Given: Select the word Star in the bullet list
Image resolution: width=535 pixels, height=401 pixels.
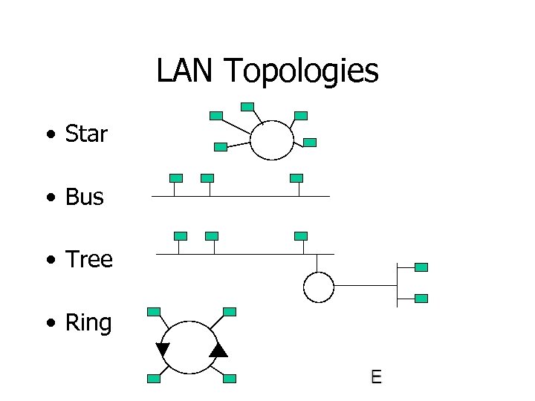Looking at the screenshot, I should click(x=86, y=134).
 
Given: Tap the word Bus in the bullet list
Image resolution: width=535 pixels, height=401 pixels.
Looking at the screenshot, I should click(x=84, y=198).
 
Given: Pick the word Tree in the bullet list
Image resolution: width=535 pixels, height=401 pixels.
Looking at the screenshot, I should click(x=88, y=260).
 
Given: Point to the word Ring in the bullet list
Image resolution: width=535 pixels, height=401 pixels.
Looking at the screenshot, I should click(x=88, y=323).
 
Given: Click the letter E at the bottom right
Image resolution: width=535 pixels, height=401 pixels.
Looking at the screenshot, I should click(x=376, y=377).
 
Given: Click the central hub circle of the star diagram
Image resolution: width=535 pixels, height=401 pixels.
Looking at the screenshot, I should click(x=272, y=140).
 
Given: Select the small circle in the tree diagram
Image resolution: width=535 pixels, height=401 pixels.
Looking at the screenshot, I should click(x=319, y=287).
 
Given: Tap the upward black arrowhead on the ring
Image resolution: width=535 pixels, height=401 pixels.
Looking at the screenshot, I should click(x=218, y=350).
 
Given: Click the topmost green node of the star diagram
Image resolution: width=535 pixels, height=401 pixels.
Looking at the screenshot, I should click(x=247, y=107).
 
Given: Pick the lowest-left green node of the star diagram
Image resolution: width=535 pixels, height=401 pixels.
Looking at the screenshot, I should click(x=220, y=147).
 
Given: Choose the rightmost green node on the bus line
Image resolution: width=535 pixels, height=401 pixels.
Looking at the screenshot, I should click(x=296, y=178).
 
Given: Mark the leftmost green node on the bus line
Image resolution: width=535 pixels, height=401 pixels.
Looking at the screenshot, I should click(x=175, y=178).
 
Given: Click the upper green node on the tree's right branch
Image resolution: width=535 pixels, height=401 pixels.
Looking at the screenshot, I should click(x=421, y=267).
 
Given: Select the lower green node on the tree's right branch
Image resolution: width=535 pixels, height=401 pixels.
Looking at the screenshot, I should click(x=421, y=299).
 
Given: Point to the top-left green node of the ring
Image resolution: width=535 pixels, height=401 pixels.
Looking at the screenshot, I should click(x=154, y=312).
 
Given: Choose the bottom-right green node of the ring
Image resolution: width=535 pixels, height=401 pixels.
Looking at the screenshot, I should click(x=230, y=379).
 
